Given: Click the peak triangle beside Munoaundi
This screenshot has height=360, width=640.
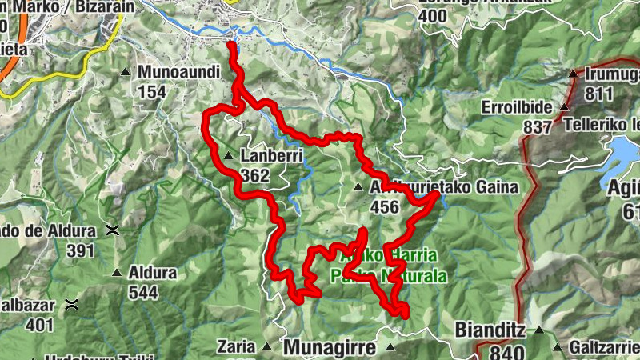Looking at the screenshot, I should point(126,73).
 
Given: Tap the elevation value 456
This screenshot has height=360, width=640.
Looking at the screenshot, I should point(385,207).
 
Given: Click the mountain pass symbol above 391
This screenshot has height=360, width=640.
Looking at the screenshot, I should point(114,230).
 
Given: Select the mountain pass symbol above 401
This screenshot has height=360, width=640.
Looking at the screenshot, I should point(73,304).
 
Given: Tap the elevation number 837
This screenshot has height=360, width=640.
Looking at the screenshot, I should point(538,127).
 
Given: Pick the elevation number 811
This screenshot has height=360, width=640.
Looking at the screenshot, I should point(598,94).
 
